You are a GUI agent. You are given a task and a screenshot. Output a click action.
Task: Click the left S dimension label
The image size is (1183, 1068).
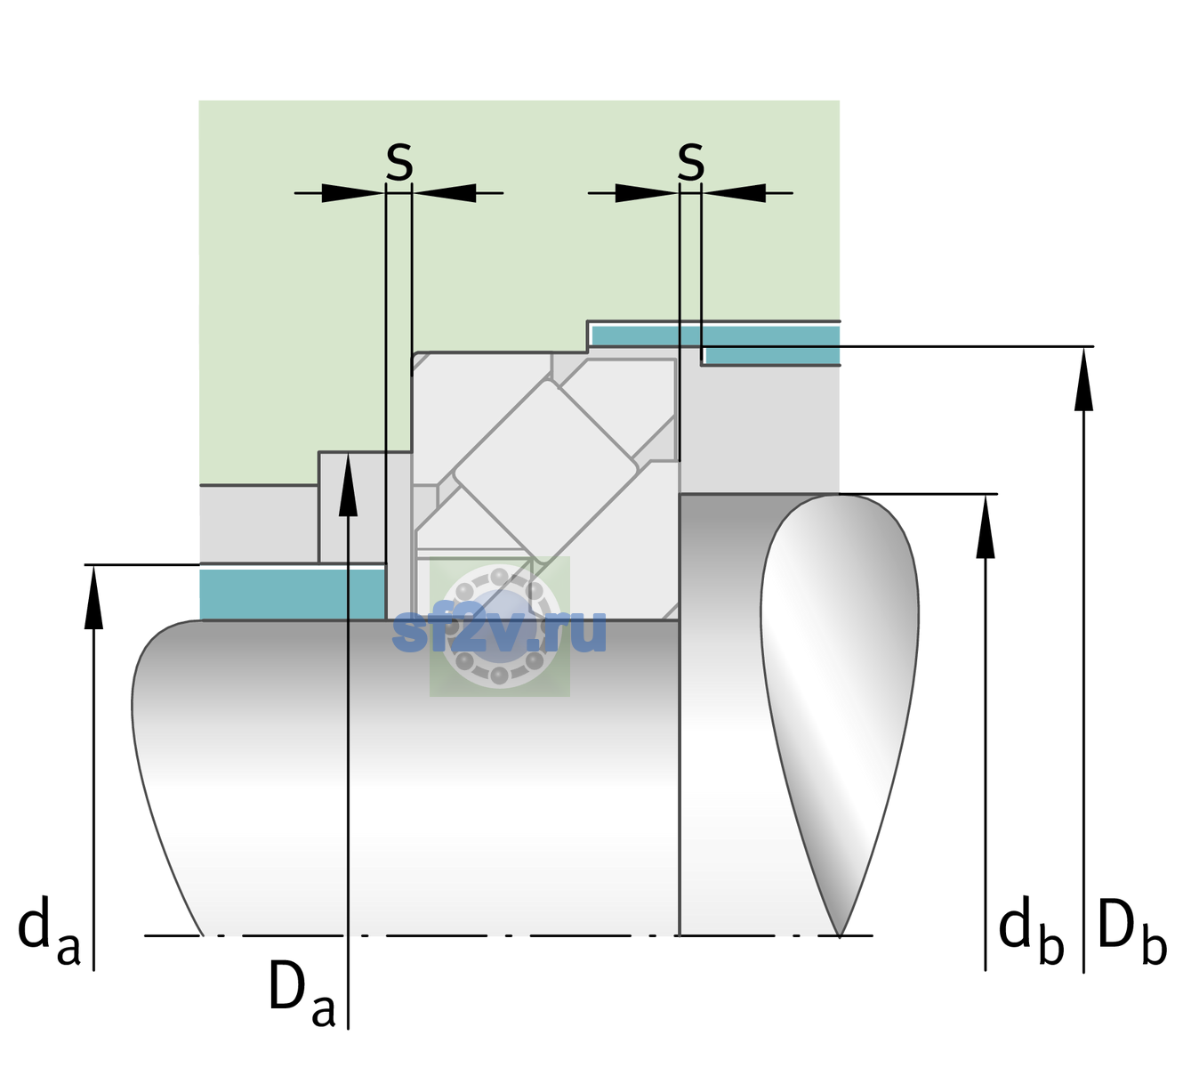click(399, 162)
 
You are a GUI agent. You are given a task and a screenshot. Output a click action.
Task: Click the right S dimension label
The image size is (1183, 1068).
click(690, 162)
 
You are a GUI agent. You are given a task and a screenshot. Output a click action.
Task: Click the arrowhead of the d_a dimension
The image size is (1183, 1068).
click(93, 597)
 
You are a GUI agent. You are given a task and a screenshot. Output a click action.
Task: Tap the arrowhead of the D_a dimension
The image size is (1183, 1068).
click(348, 484)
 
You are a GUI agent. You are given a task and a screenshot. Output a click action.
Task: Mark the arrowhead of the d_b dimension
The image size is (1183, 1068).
click(985, 526)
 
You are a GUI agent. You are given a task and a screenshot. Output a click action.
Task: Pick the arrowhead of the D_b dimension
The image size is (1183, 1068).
click(1083, 379)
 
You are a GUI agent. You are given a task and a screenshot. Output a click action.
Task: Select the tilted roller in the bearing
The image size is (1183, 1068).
click(545, 470)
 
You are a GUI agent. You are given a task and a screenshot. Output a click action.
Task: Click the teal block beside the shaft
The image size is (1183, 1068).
click(293, 594)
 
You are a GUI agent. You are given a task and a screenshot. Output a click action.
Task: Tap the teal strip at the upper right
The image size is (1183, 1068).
click(715, 345)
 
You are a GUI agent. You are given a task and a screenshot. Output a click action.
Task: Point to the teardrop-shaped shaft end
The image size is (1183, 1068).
click(839, 715)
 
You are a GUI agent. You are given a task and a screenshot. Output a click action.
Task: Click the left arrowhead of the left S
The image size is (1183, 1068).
click(353, 193)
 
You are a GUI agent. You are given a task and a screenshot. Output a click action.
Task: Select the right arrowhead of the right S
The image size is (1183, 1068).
click(734, 193)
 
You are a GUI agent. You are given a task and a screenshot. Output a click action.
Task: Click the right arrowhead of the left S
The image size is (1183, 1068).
click(444, 193)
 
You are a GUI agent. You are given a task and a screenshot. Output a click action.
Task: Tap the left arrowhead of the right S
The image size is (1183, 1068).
click(647, 193)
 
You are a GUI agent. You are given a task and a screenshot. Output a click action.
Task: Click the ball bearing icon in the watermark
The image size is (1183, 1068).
click(500, 626)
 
